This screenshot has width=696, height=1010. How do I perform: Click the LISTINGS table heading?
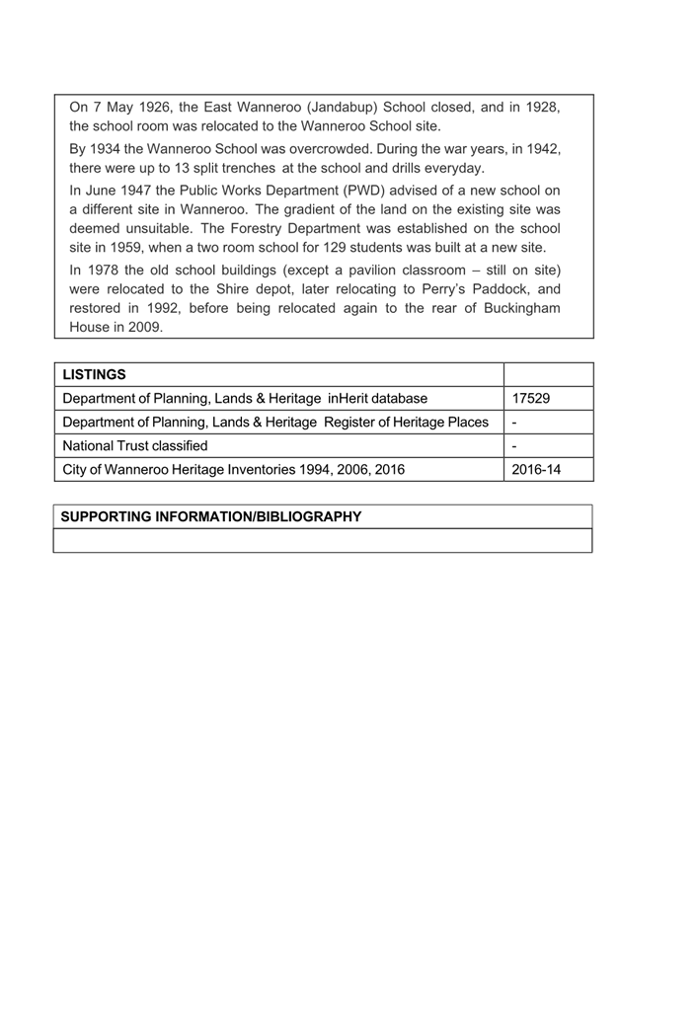click(94, 374)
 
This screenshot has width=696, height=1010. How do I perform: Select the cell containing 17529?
click(530, 398)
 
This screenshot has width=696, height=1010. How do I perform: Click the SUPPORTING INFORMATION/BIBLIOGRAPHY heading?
click(211, 516)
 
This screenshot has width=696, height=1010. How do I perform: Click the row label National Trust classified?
click(135, 445)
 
